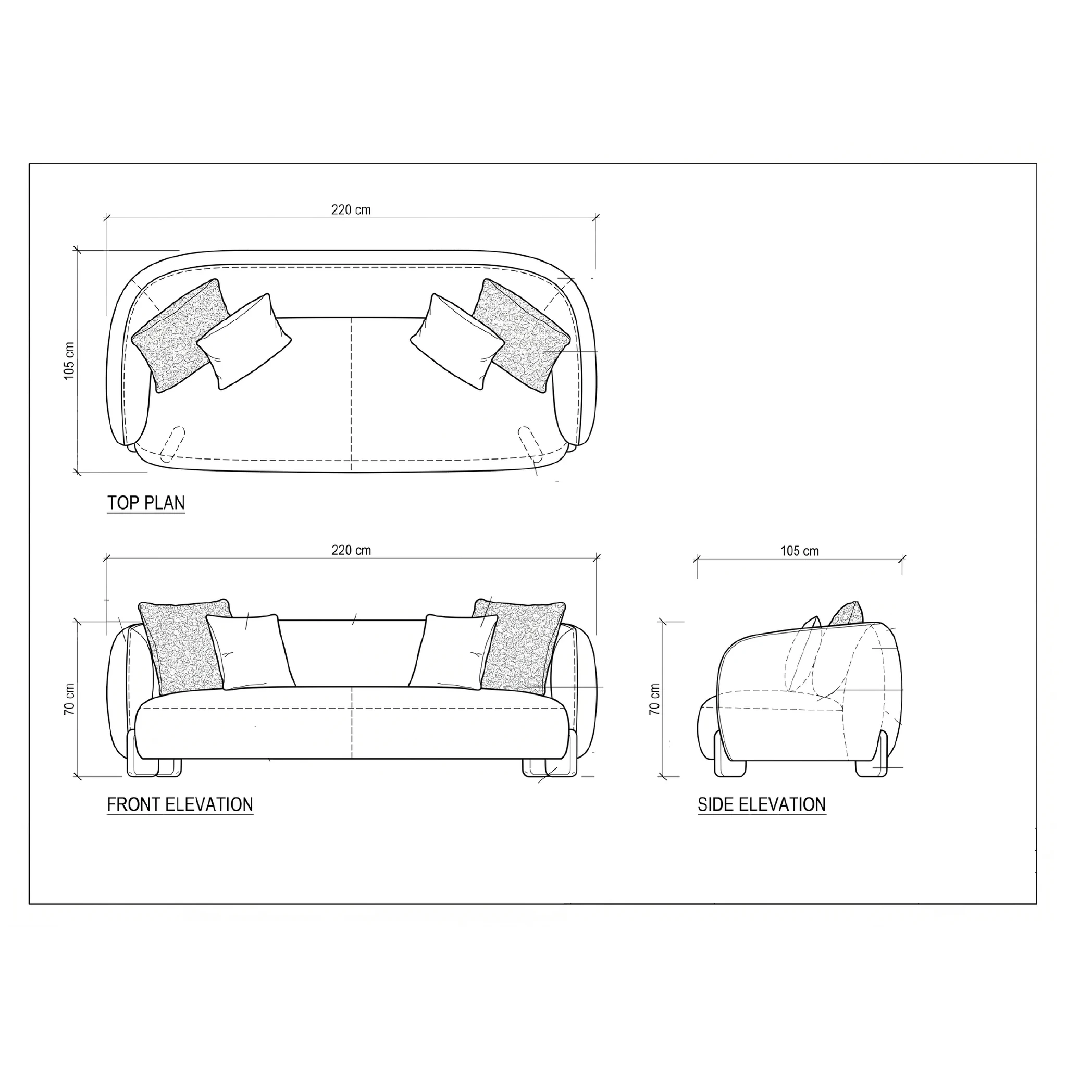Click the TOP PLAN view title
146,503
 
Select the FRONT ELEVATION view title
180,804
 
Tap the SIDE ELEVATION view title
762,804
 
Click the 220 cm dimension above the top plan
351,210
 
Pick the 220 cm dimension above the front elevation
351,551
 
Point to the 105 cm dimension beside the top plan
69,361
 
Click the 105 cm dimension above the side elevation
800,551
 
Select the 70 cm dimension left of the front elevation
69,700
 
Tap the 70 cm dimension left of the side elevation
654,700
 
